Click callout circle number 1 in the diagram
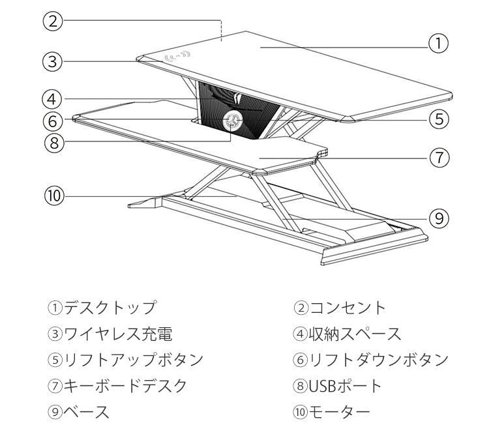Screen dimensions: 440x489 pyautogui.click(x=438, y=44)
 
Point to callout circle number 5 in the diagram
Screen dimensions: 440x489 pyautogui.click(x=439, y=119)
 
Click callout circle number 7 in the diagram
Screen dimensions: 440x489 pyautogui.click(x=439, y=157)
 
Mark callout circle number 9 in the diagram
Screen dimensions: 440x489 pyautogui.click(x=439, y=218)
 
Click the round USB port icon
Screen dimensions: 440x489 pyautogui.click(x=233, y=120)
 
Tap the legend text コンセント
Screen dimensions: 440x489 pyautogui.click(x=347, y=308)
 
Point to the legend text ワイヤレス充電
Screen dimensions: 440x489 pyautogui.click(x=117, y=334)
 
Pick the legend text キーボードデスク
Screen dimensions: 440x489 pyautogui.click(x=125, y=386)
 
